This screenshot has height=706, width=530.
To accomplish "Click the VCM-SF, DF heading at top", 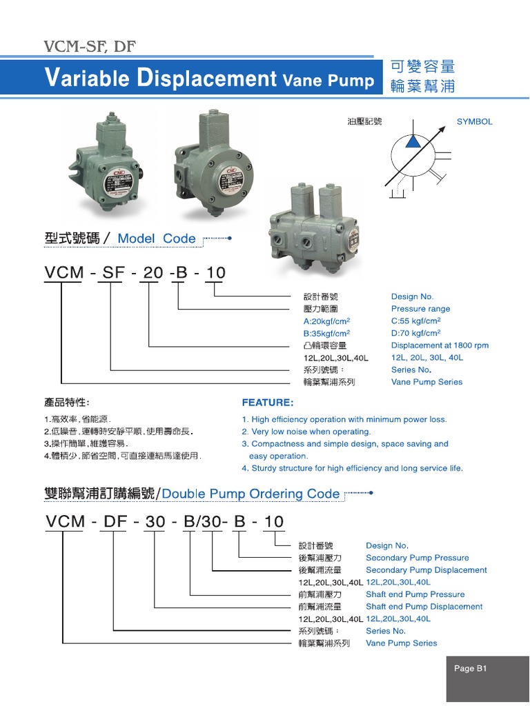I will pos(90,47).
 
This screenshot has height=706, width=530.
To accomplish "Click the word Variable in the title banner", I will pos(86,79).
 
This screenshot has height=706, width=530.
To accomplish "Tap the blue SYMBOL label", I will pos(474,121).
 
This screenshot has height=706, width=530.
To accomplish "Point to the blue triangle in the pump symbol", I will pos(412,141).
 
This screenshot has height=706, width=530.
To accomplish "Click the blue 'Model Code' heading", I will pos(157,239).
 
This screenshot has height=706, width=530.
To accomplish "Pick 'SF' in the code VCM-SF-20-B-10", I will pos(113,273).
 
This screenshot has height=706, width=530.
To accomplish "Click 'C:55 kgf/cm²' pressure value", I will pos(415,321).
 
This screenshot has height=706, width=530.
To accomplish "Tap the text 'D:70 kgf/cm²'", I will pos(415,333).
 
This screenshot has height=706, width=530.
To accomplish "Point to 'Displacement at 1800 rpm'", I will pos(440,345).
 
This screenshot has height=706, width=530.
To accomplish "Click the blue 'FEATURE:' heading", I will pos(267,402).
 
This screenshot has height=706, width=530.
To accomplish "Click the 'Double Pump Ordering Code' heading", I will pos(251,494).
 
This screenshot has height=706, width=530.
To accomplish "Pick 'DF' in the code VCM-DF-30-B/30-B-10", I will pos(115,522).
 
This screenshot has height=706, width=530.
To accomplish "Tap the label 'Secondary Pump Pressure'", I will pos(417,558).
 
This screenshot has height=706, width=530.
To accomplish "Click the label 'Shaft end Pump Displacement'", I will pos(424,607).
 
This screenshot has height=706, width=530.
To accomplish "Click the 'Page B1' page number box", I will pos(471,668).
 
